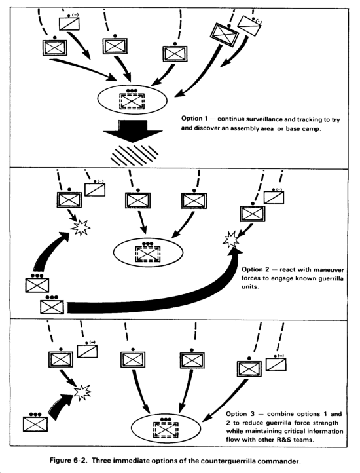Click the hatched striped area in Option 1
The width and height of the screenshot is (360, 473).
[x=134, y=155]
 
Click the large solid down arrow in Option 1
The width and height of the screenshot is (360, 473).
[x=133, y=131]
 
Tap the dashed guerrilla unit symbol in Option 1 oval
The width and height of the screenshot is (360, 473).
[x=132, y=100]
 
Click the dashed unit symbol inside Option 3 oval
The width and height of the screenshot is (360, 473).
[x=166, y=428]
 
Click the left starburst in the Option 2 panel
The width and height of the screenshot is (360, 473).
[x=81, y=227]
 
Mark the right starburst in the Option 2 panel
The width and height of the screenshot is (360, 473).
[x=231, y=240]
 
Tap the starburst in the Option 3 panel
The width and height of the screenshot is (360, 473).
[x=82, y=392]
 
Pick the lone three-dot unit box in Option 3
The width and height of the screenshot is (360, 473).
[x=35, y=423]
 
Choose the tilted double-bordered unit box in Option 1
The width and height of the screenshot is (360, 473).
[x=225, y=34]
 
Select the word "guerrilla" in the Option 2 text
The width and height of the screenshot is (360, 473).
[x=331, y=278]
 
